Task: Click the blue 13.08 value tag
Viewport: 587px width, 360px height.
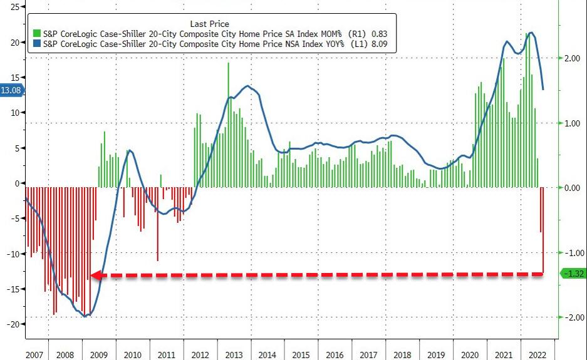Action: (x=12, y=90)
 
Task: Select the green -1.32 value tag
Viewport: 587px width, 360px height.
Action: (x=573, y=273)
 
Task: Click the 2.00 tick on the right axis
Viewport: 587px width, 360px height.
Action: (x=574, y=58)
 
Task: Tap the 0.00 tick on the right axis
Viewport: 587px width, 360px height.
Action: (x=574, y=188)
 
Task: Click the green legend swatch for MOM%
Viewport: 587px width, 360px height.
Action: (x=36, y=33)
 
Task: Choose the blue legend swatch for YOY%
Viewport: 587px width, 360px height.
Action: (x=36, y=43)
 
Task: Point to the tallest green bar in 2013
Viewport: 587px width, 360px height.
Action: (x=228, y=63)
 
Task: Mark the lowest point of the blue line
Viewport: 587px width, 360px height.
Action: (x=86, y=316)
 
